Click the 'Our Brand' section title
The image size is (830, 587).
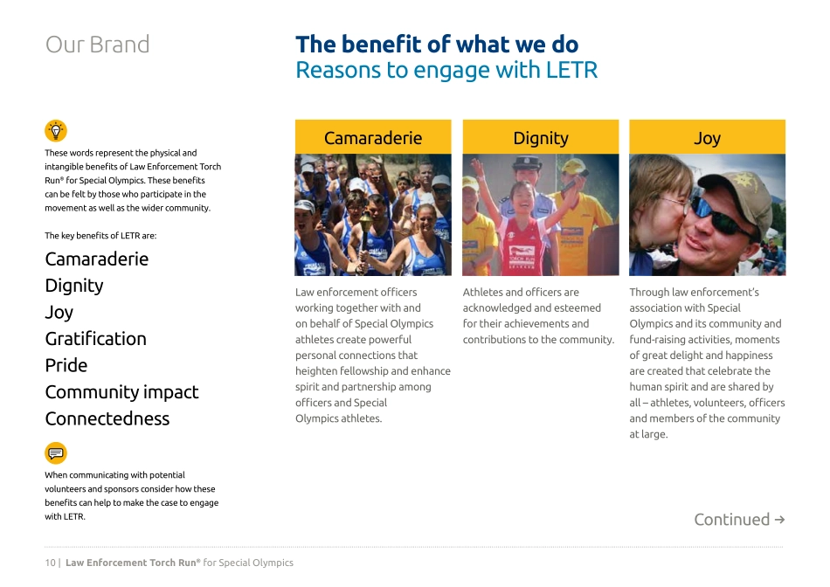point(97,45)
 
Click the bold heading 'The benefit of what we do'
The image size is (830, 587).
point(437,45)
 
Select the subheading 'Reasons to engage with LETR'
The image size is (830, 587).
point(446,71)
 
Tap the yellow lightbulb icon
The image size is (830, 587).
point(56,131)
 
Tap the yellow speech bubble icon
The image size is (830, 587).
point(56,452)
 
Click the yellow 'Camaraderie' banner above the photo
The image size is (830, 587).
point(373,138)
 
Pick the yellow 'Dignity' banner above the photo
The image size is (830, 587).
point(541,138)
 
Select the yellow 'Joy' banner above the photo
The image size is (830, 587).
point(707,138)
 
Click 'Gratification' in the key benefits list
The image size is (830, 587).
point(96,339)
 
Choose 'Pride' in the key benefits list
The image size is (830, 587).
point(66,365)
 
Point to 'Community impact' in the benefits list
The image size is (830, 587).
point(121,392)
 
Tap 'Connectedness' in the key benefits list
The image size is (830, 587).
point(107,418)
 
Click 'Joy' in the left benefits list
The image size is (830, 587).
point(59,312)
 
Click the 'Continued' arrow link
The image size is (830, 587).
point(739,520)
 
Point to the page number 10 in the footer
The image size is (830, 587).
point(51,563)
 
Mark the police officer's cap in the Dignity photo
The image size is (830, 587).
point(528,163)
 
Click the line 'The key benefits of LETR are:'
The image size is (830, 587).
point(100,236)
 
